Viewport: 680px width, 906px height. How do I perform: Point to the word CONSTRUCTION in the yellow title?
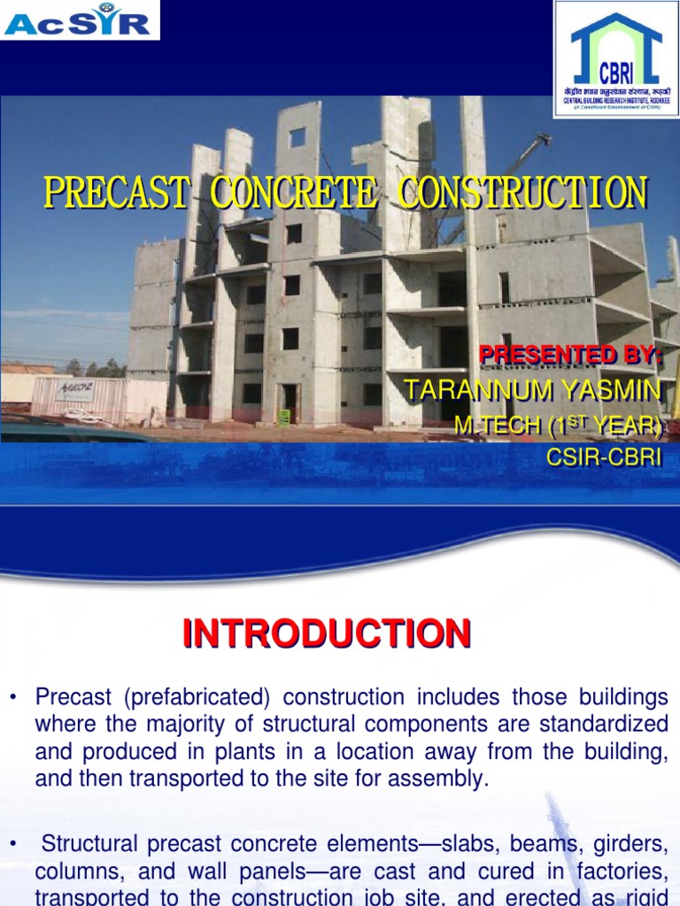point(522,194)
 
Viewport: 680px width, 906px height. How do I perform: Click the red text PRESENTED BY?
point(570,355)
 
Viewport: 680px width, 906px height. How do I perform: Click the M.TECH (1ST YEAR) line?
point(558,426)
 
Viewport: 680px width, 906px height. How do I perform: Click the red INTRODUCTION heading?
point(327,634)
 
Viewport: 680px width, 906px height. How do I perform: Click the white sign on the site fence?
point(74,390)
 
